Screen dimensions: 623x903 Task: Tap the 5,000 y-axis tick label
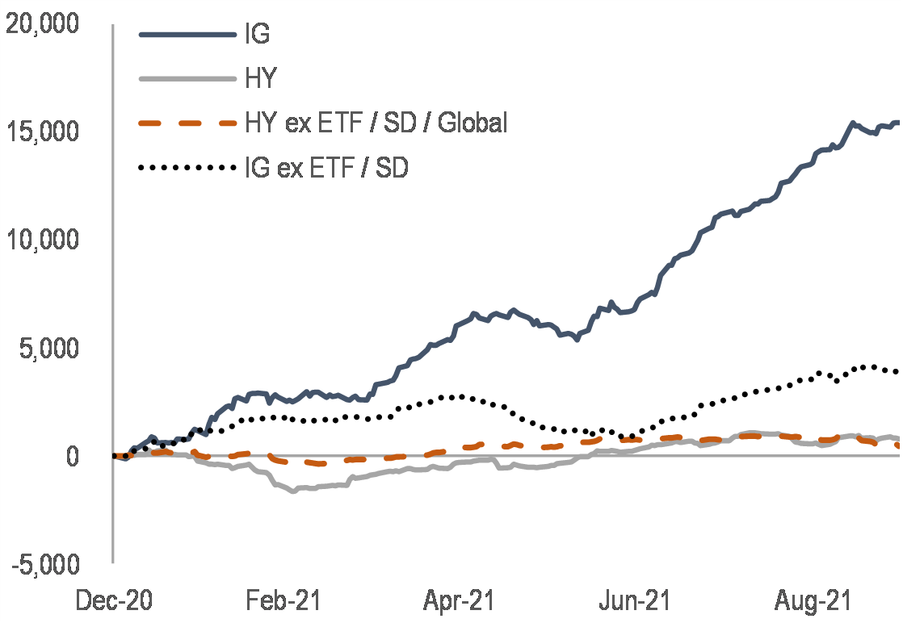[50, 349]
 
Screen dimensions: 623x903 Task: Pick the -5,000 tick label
[46, 564]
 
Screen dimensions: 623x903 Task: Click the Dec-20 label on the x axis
[113, 601]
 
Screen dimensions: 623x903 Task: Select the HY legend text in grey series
[261, 79]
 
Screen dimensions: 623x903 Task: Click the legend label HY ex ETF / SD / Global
[376, 123]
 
